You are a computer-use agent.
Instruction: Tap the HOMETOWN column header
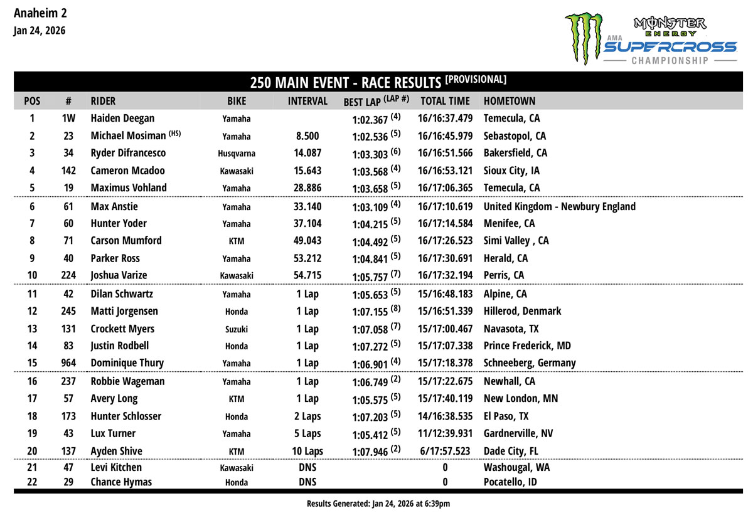click(510, 101)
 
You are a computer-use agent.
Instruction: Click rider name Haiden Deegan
click(122, 118)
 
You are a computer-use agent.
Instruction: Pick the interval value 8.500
click(307, 135)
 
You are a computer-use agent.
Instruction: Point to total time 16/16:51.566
click(445, 153)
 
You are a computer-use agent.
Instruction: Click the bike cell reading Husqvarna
click(236, 154)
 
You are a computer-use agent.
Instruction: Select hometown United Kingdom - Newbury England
click(559, 206)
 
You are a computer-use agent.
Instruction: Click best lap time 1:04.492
click(370, 241)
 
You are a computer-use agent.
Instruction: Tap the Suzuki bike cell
click(236, 329)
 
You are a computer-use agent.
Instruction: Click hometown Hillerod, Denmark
click(522, 311)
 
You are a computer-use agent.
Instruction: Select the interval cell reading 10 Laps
click(307, 451)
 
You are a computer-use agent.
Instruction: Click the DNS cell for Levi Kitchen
click(307, 467)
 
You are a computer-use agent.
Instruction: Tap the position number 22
click(32, 482)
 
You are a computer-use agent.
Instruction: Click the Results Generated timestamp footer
click(378, 504)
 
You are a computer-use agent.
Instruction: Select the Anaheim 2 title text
click(40, 13)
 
